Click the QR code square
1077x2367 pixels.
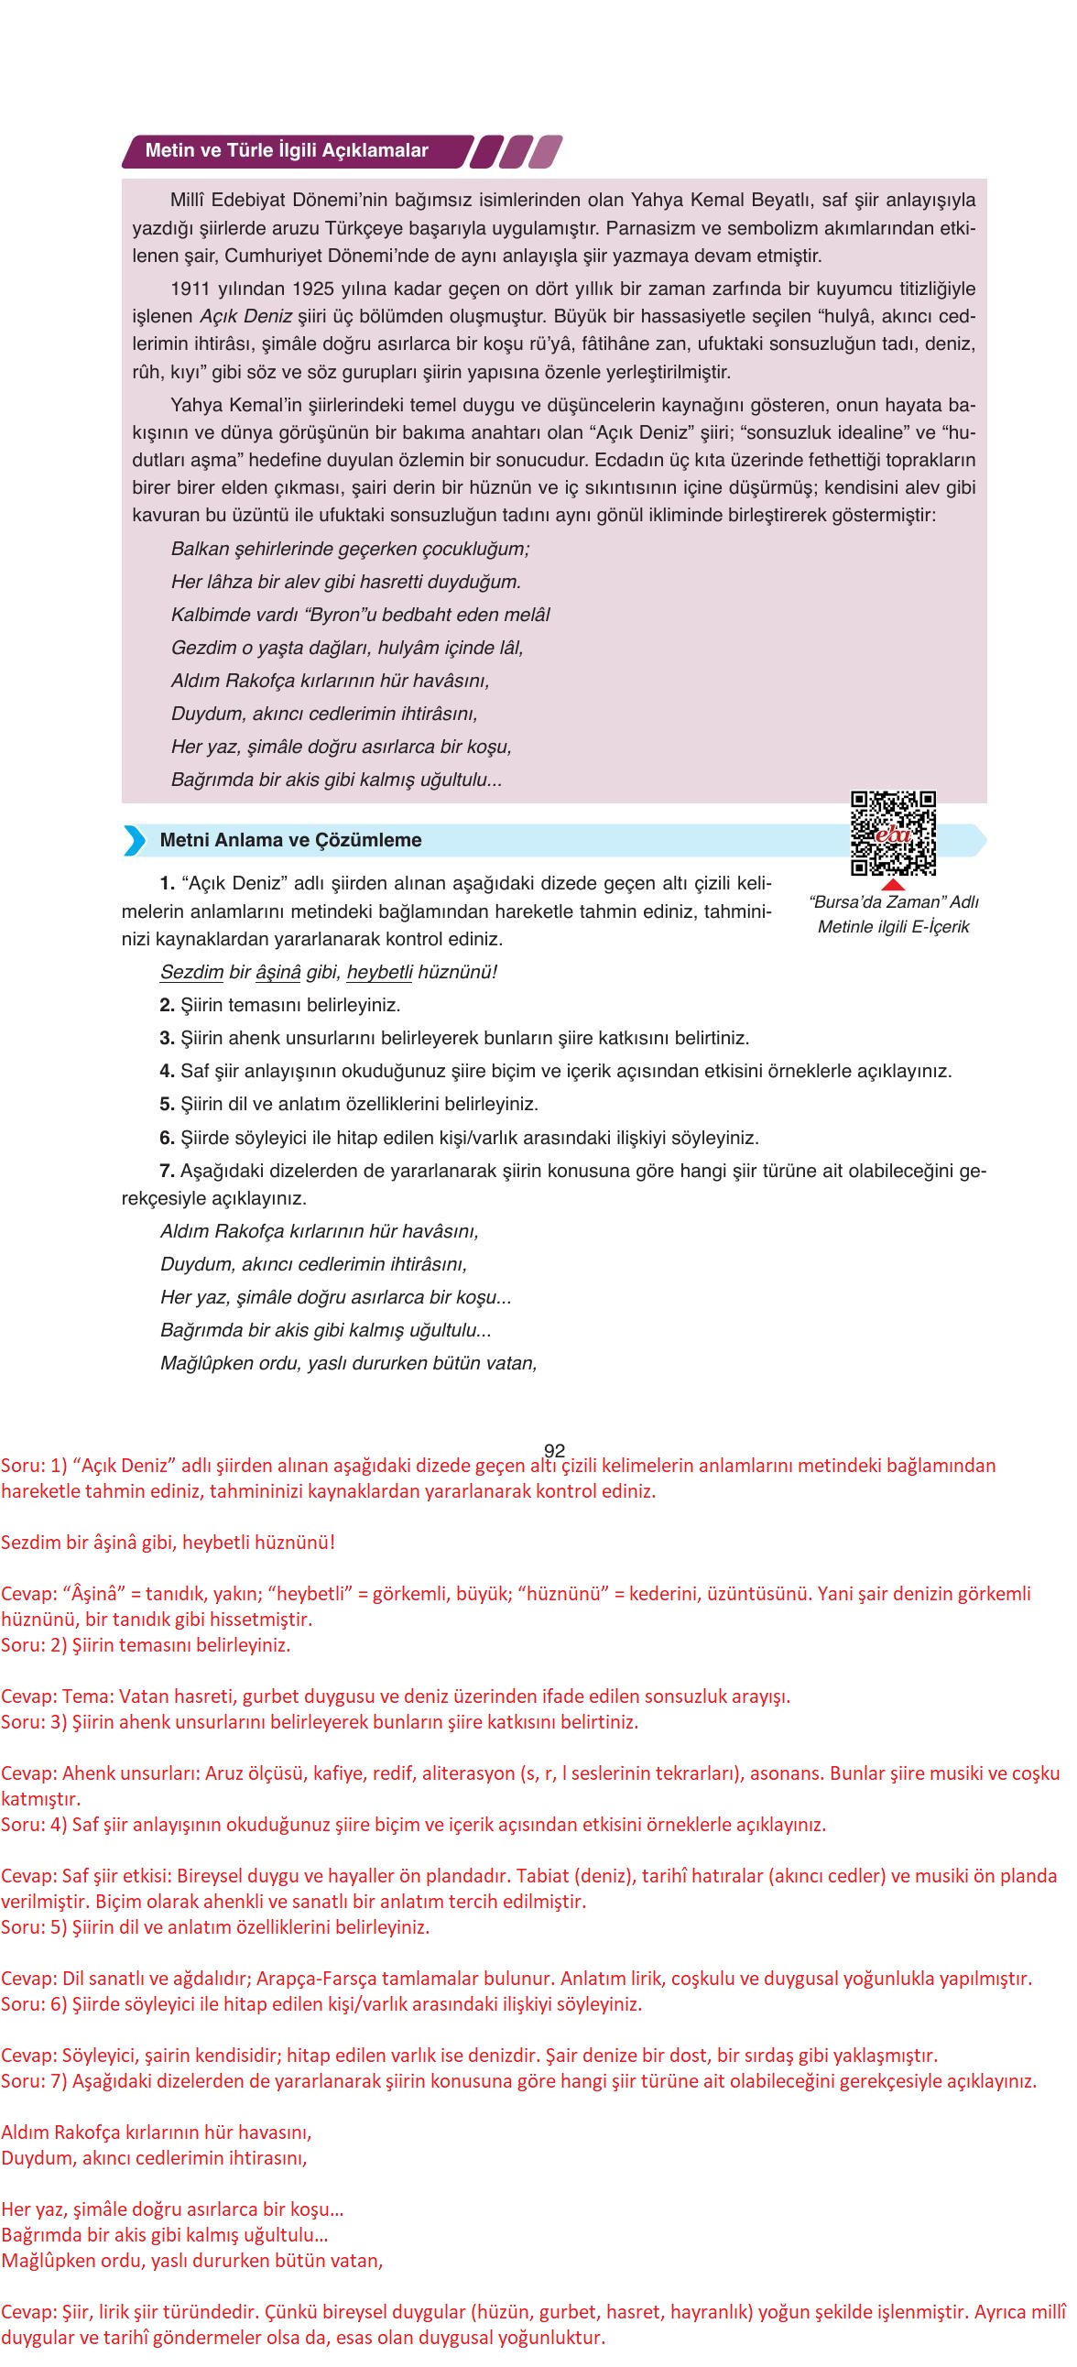click(892, 833)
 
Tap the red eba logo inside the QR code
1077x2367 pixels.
click(892, 834)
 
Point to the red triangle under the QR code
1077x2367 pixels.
click(892, 884)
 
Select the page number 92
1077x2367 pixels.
click(554, 1451)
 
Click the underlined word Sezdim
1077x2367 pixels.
click(191, 972)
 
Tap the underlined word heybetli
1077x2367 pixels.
click(379, 972)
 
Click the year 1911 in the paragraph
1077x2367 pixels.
click(190, 289)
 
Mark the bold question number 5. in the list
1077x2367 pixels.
click(167, 1105)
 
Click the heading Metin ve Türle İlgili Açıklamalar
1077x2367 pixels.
click(287, 151)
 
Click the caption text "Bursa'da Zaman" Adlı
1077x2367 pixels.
click(893, 902)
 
